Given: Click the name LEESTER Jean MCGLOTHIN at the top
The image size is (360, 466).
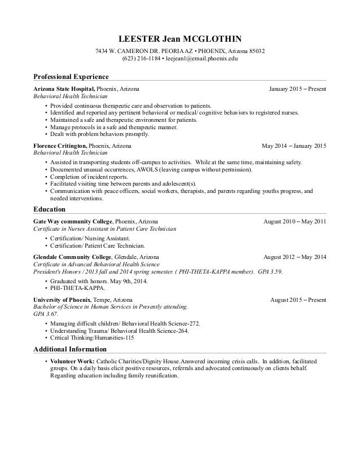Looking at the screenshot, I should (x=179, y=39).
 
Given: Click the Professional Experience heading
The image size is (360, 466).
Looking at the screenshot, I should (x=71, y=76).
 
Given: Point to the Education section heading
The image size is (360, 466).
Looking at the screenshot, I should (x=50, y=209).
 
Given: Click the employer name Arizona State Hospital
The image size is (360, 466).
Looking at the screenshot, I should (x=64, y=89).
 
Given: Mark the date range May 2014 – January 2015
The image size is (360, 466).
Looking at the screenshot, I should (x=294, y=146).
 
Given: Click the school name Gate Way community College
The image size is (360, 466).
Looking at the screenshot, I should (x=73, y=222).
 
